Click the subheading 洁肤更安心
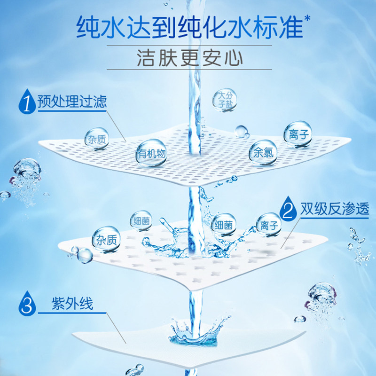(189, 58)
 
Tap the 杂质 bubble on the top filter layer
(96, 138)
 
